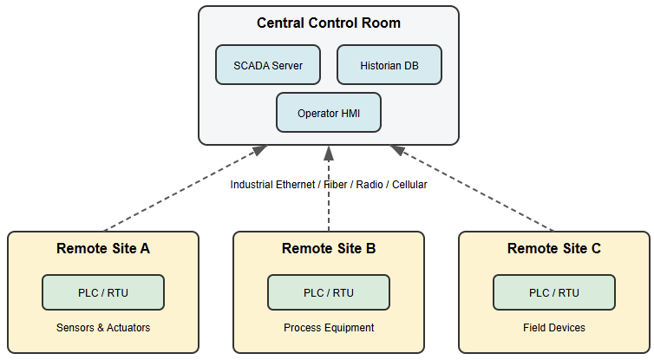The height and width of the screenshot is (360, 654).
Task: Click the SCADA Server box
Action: point(268,65)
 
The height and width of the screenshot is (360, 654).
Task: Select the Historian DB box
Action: point(389,65)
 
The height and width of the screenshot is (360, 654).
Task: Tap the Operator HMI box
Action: point(329,113)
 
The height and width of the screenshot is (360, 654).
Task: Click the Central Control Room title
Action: point(329,23)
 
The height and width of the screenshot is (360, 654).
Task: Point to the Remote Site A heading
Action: point(103,249)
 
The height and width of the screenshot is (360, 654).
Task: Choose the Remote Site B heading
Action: point(329,249)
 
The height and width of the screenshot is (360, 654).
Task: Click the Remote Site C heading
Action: point(554,249)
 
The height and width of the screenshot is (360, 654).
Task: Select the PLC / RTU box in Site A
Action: point(103,292)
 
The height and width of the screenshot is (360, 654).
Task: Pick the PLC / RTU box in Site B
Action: point(329,292)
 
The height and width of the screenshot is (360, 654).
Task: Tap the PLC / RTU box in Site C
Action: point(554,292)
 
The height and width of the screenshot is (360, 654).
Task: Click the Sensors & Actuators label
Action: point(103,328)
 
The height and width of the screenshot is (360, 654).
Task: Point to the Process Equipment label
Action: point(329,328)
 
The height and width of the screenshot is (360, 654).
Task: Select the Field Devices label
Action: point(554,328)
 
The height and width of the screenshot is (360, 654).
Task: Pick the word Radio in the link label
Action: point(368,185)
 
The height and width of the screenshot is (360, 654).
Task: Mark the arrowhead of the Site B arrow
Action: point(329,153)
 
